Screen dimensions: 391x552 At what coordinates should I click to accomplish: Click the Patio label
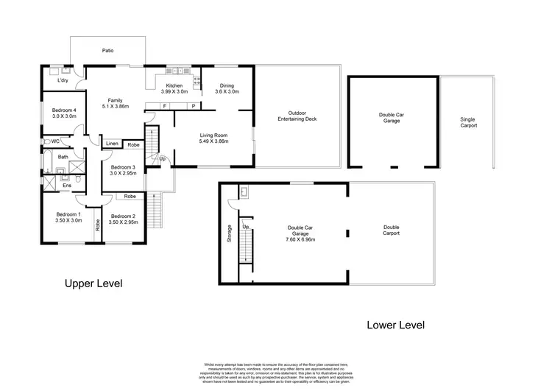point(107,51)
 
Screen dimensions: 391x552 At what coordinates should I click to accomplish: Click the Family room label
point(114,102)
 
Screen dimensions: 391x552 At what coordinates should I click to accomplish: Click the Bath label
point(63,157)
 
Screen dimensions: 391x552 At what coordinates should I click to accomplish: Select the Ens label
point(66,186)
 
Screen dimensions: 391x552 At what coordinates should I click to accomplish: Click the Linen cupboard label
point(112,144)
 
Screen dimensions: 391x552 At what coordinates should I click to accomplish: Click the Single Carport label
point(468,122)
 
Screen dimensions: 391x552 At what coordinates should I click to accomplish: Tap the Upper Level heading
point(93,283)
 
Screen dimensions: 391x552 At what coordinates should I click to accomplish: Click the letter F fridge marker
point(164,106)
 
